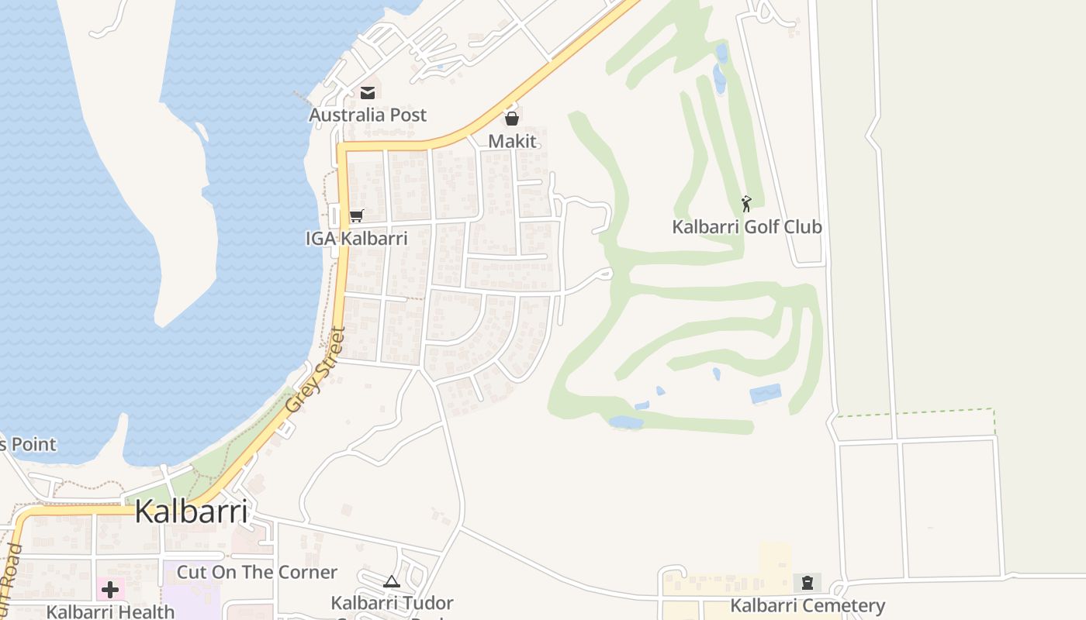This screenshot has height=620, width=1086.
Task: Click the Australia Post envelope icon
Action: (x=367, y=93)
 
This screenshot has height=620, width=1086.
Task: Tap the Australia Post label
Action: (x=368, y=115)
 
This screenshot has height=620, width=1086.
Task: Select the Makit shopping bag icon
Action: (x=511, y=119)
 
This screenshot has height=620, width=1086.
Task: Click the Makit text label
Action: (x=512, y=141)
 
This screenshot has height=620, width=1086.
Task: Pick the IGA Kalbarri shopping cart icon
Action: (x=356, y=215)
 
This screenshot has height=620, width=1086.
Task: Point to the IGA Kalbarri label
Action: (x=357, y=238)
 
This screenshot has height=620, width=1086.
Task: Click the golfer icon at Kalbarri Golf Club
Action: (x=746, y=204)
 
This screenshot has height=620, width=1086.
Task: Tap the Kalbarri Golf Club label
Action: (x=746, y=227)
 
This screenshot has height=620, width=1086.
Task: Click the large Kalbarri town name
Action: (x=192, y=511)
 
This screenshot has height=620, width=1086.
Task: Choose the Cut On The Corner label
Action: (x=257, y=572)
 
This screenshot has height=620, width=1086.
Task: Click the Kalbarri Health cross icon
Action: (x=110, y=589)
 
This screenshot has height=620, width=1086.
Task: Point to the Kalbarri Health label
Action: (x=110, y=611)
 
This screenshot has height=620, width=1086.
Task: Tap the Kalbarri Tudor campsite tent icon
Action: (x=392, y=581)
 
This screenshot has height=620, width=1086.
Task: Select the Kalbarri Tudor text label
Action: (x=392, y=602)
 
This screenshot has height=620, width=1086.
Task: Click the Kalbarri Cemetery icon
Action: (x=808, y=582)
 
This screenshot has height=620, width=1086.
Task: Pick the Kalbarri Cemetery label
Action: (x=808, y=605)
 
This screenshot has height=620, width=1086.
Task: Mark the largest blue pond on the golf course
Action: (x=765, y=394)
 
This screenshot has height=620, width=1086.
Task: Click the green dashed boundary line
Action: (x=915, y=412)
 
